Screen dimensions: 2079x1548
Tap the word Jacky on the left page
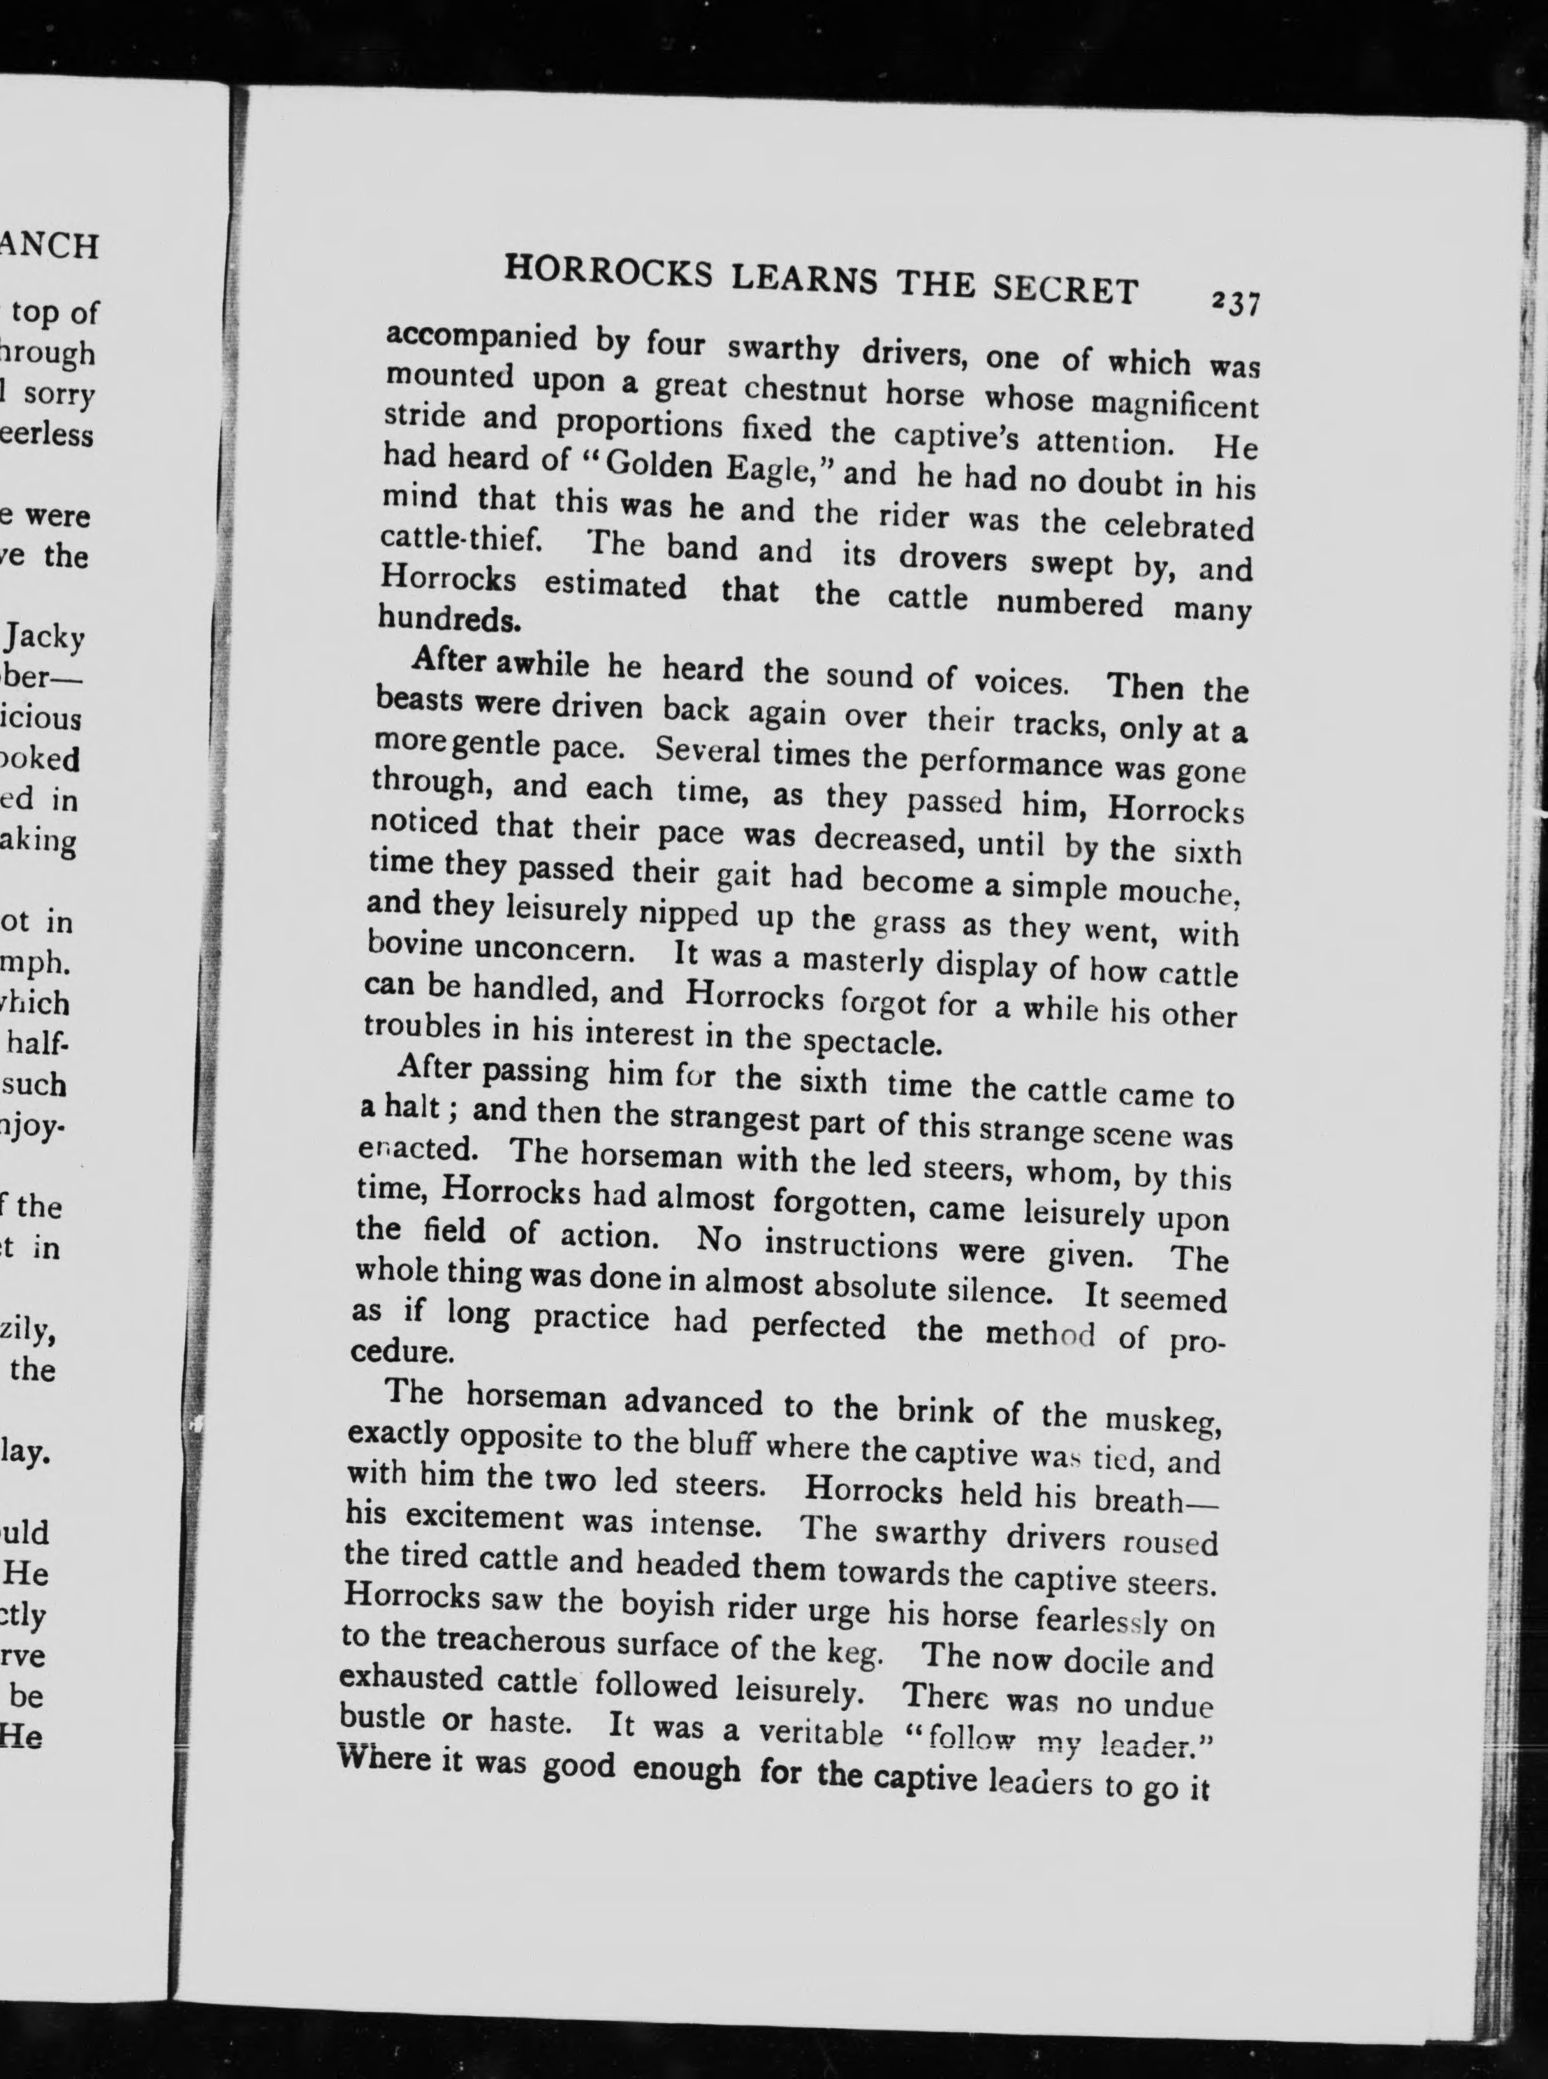(45, 638)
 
